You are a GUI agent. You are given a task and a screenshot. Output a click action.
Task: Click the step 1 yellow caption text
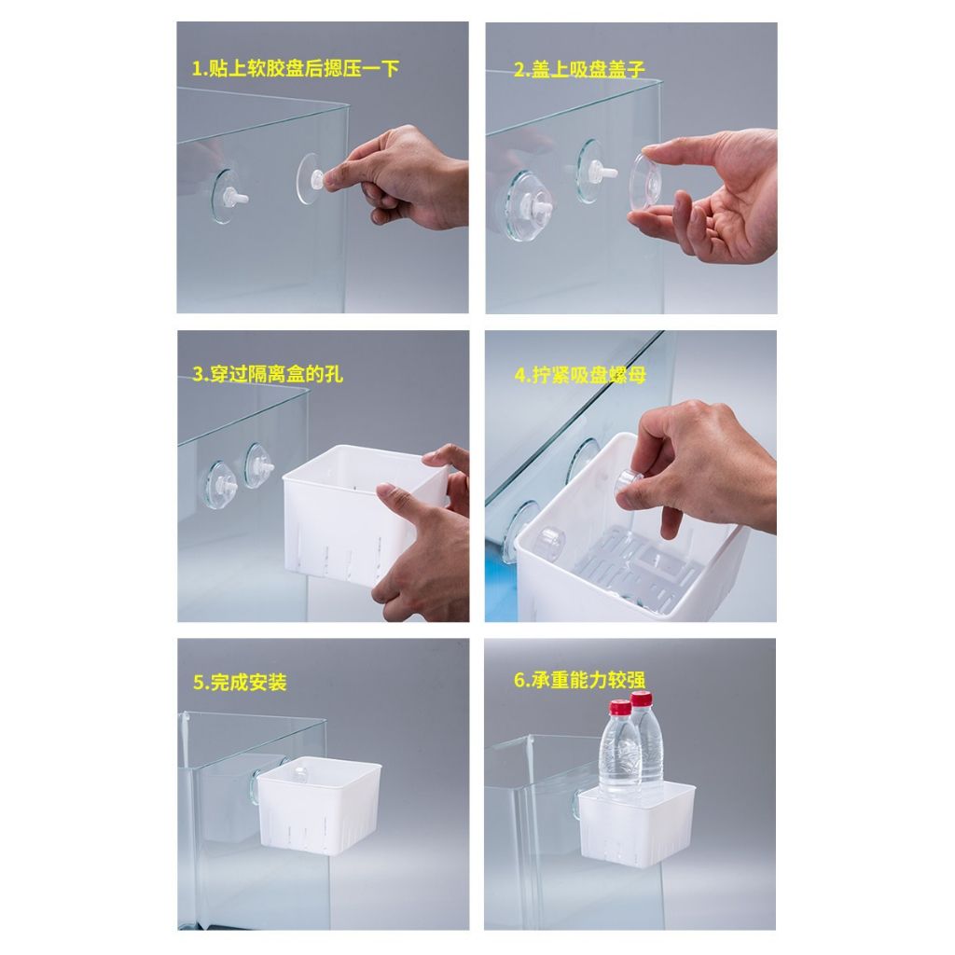pyautogui.click(x=296, y=68)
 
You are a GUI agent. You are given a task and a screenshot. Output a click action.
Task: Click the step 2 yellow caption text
pyautogui.click(x=578, y=69)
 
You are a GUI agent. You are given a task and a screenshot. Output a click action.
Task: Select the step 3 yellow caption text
pyautogui.click(x=268, y=373)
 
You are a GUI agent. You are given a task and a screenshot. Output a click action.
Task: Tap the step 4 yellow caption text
pyautogui.click(x=580, y=375)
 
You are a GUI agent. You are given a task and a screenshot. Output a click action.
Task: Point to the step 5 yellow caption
pyautogui.click(x=240, y=682)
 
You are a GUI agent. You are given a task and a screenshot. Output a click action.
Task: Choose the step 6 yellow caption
pyautogui.click(x=579, y=680)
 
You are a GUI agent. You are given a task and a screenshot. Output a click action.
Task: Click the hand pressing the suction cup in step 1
pyautogui.click(x=395, y=176)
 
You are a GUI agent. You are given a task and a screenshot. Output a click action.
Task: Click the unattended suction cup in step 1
pyautogui.click(x=227, y=196)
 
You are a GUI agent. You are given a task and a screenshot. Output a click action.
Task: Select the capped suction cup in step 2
pyautogui.click(x=529, y=206)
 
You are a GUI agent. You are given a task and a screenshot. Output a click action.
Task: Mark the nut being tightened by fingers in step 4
pyautogui.click(x=631, y=482)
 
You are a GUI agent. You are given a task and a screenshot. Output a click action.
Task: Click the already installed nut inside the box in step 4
pyautogui.click(x=550, y=540)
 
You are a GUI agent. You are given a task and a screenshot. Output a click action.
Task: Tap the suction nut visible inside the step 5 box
pyautogui.click(x=299, y=774)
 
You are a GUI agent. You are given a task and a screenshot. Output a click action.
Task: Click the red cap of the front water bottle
pyautogui.click(x=620, y=707)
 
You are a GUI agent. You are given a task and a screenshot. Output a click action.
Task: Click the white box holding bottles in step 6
pyautogui.click(x=636, y=823)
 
